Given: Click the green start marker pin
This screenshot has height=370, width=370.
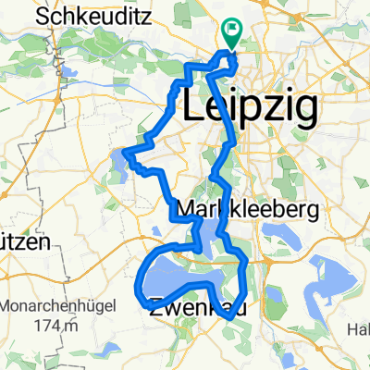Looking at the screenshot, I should pyautogui.click(x=229, y=33).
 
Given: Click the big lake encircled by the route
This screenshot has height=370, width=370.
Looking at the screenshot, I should pyautogui.click(x=180, y=277).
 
